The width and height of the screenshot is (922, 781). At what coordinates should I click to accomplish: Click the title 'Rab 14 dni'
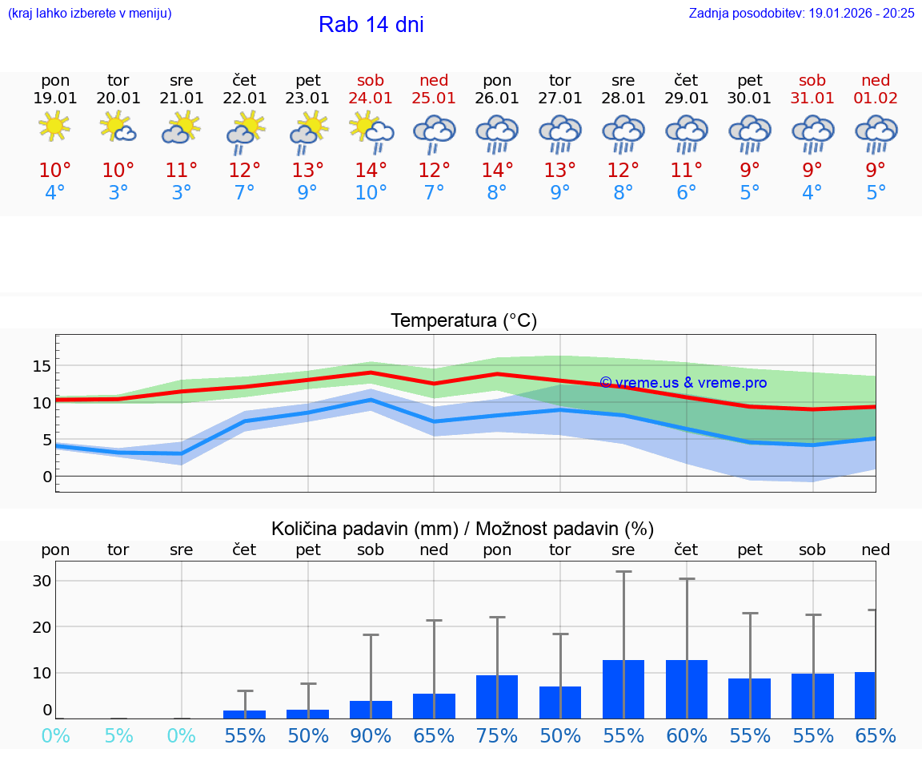pos(371,25)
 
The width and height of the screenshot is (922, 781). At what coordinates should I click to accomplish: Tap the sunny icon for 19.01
pos(54,127)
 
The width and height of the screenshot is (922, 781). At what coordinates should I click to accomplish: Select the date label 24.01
pos(371,99)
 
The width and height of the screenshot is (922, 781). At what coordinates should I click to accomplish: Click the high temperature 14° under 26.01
pos(497,170)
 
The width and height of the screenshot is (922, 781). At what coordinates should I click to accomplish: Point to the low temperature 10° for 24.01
pos(371,193)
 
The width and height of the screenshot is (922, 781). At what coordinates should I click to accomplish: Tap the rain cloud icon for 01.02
pos(876,134)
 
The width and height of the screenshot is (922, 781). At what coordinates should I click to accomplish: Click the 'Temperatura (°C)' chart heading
pos(463,321)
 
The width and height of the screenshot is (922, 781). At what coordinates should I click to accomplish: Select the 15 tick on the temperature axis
pos(42,366)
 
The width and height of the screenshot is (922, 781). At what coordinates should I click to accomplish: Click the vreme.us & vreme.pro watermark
pos(683,383)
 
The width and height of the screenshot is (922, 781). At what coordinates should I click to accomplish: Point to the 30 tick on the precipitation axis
pos(42,581)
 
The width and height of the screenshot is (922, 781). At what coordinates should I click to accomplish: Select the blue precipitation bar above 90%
pos(371,710)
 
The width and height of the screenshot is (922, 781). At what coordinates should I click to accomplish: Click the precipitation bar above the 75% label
pos(497,697)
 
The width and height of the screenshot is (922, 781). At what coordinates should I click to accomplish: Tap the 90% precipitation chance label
pos(371,735)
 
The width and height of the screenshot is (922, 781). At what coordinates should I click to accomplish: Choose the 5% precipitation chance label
pos(118,735)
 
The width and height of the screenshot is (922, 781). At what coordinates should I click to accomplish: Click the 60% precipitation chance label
pos(686,735)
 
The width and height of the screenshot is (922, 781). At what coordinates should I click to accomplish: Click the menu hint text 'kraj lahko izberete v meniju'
pos(90,13)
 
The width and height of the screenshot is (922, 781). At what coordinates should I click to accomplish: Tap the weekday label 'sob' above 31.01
pos(812,80)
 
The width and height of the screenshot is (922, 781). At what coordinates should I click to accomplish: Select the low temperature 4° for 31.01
pos(812,193)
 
